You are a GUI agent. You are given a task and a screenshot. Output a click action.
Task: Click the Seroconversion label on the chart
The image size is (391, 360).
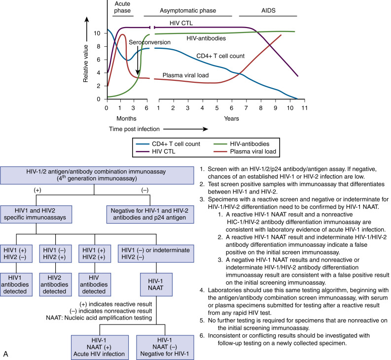(149, 42)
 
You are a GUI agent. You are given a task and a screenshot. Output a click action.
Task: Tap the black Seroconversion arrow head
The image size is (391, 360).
(138, 72)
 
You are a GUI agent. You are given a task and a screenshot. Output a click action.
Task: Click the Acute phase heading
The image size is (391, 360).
(122, 7)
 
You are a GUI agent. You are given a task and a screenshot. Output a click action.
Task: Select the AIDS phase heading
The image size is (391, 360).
(268, 10)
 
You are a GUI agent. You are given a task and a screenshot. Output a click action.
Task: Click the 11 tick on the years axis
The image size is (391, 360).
(305, 108)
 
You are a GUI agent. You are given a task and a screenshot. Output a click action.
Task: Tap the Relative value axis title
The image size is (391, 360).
(86, 64)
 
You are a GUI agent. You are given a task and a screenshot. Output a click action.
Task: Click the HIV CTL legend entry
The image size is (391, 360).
(156, 152)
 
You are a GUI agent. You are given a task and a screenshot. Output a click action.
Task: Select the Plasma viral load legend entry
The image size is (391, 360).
(245, 152)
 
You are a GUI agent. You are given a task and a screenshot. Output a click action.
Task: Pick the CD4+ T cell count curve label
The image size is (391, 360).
(220, 56)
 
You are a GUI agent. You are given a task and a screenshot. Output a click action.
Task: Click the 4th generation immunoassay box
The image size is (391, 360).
(97, 175)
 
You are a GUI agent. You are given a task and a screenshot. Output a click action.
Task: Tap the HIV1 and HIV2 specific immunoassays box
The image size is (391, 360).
(36, 214)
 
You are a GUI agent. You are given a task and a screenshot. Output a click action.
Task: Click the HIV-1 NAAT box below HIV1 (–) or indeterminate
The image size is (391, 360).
(156, 285)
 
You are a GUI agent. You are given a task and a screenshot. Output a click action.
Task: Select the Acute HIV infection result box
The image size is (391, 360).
(100, 347)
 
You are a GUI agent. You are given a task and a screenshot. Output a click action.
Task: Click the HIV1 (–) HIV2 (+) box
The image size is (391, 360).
(55, 254)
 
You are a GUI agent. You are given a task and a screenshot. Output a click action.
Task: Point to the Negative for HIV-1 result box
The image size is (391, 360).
(165, 347)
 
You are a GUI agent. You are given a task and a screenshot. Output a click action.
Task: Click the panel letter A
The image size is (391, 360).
(5, 354)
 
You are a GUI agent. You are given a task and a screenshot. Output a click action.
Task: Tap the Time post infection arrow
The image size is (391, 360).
(185, 129)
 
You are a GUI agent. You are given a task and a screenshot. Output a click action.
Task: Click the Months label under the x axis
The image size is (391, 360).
(126, 119)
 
